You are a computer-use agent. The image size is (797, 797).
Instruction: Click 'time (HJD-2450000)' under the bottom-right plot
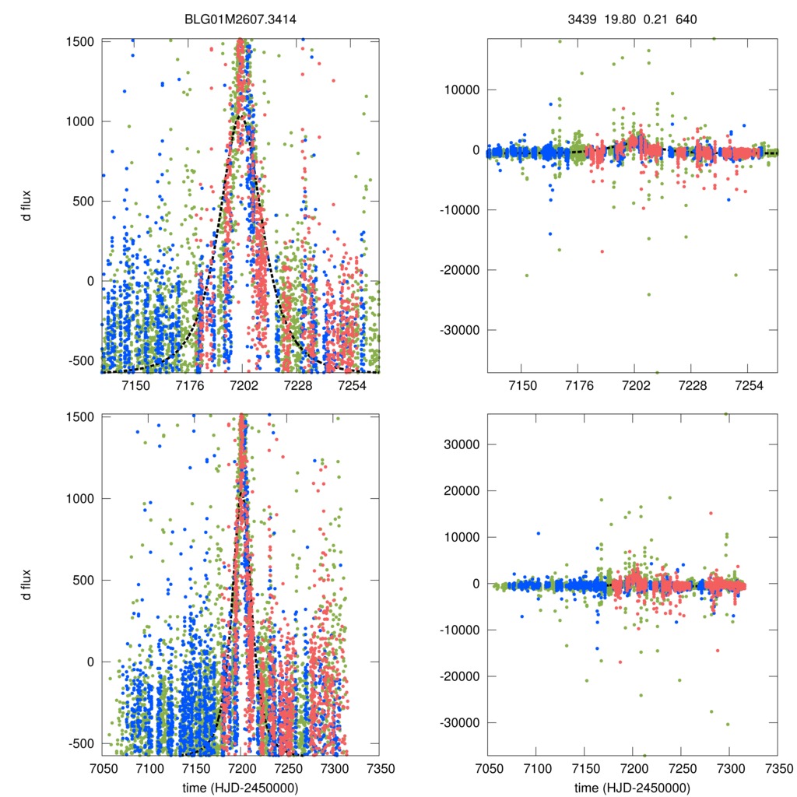pos(631,788)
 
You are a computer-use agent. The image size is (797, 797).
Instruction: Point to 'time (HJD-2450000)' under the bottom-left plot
pos(241,788)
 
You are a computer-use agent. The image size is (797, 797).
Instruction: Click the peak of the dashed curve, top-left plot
pos(242,116)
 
